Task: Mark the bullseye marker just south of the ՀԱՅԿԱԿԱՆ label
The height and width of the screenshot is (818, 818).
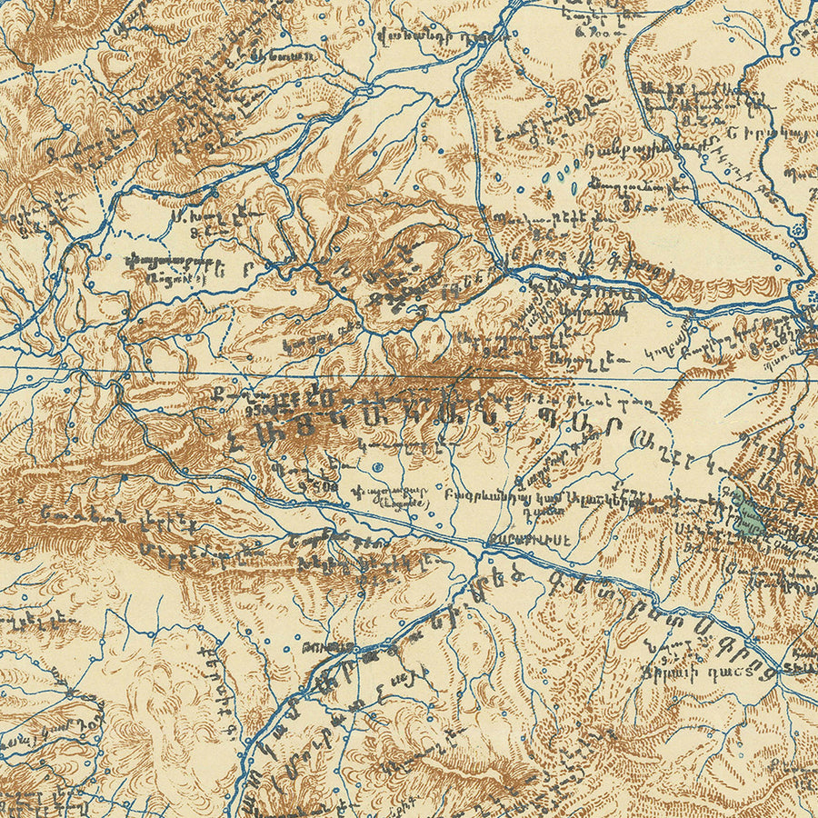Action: [377, 468]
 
